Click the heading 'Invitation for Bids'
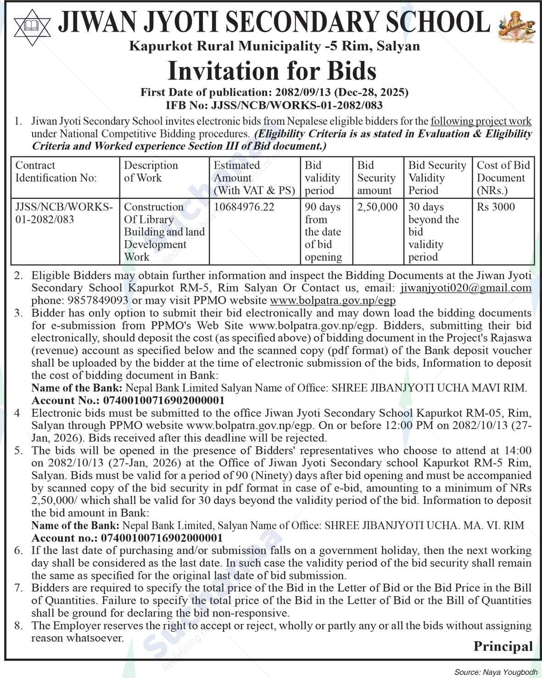(272, 71)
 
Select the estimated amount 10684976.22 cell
(244, 207)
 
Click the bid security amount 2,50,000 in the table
(377, 207)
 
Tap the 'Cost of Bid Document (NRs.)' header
(503, 178)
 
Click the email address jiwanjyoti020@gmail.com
(466, 288)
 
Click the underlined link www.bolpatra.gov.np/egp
(333, 301)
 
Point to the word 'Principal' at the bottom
(503, 647)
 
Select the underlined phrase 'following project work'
(481, 122)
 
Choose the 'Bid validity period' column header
(322, 178)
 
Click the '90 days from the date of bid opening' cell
(323, 232)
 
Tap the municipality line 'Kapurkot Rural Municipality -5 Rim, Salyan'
(274, 46)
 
